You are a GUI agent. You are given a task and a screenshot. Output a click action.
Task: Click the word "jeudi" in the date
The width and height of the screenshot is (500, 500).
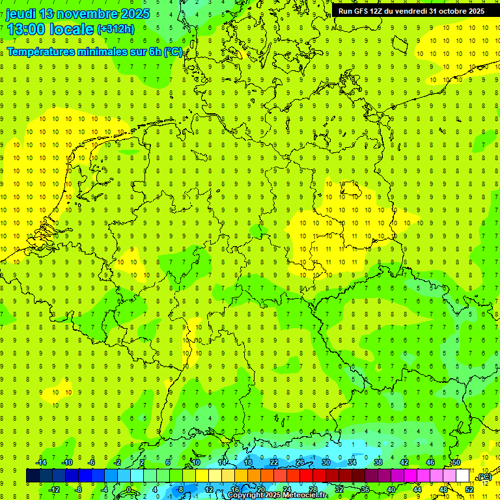21,14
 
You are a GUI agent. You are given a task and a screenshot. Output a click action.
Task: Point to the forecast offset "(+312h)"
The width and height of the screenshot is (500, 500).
116,29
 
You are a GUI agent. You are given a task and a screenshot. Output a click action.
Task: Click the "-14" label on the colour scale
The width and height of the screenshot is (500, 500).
42,462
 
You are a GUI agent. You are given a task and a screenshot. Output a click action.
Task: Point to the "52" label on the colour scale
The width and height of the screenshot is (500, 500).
469,489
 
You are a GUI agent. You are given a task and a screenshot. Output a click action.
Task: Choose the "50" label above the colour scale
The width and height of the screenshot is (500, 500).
456,462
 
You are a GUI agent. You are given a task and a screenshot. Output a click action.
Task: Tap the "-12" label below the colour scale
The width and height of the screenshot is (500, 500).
55,489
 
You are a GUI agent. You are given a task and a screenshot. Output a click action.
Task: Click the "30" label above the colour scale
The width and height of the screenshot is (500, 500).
326,462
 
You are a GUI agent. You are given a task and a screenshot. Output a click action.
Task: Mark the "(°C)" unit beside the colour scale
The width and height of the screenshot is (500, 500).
484,477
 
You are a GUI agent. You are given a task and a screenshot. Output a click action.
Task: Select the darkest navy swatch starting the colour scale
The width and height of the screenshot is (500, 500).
33,476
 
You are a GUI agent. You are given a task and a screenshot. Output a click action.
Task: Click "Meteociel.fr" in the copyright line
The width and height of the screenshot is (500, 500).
305,495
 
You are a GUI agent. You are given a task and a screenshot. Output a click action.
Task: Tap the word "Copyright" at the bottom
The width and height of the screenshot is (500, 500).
245,495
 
